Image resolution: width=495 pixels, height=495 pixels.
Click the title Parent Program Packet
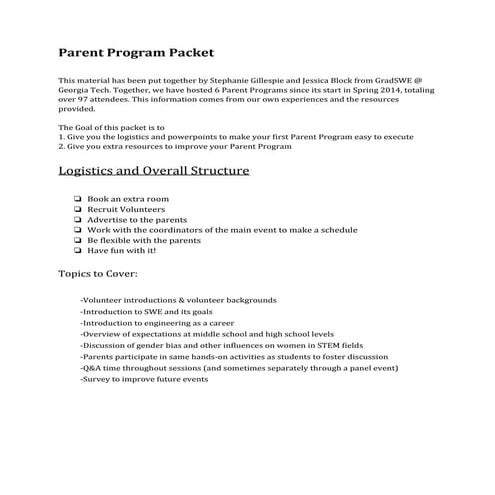coord(135,52)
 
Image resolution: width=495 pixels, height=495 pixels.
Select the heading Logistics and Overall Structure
coord(153,171)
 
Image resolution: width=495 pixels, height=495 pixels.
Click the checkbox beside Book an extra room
coord(78,199)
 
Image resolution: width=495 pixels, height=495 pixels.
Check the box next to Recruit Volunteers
coord(78,209)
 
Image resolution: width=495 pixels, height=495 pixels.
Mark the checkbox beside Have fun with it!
coord(78,251)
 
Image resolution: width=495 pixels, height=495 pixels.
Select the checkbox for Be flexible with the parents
coord(78,241)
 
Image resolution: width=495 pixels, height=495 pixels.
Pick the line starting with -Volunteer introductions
coord(178,300)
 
